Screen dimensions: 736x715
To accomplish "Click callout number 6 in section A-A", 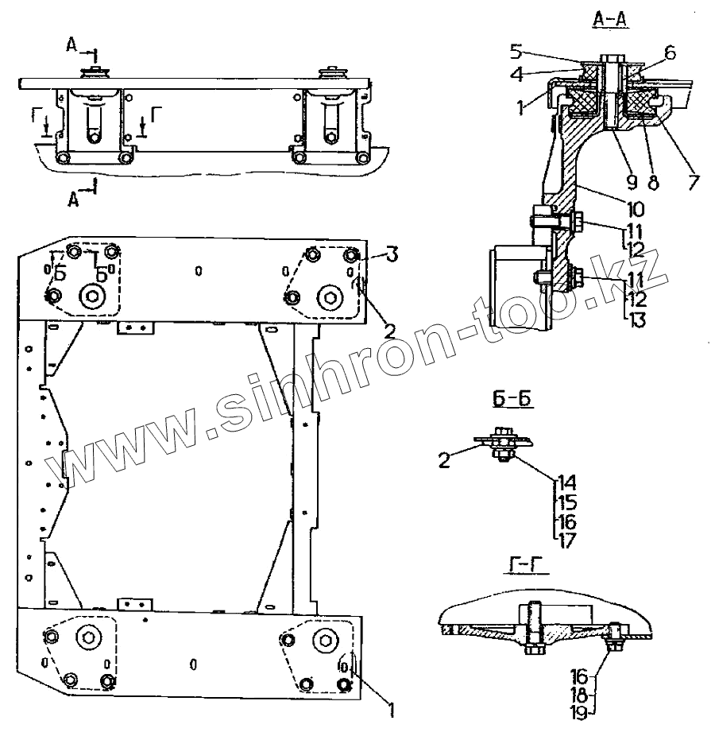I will click(x=669, y=52).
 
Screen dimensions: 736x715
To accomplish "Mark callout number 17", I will click(x=566, y=541).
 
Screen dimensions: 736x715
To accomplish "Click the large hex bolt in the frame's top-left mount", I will click(x=94, y=296).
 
